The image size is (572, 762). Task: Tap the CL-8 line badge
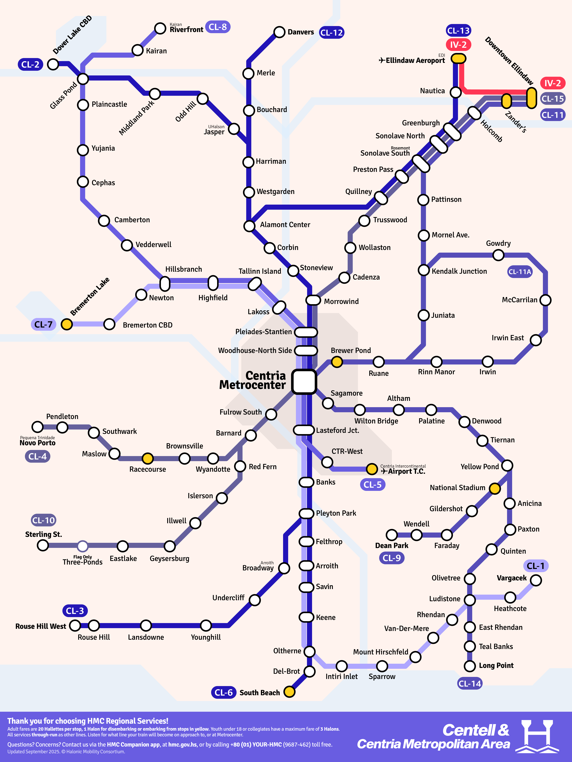218,27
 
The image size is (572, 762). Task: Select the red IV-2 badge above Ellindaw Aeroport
458,45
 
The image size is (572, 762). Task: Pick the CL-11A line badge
520,272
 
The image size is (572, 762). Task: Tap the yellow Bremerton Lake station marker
67,324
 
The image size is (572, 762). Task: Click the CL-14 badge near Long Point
470,684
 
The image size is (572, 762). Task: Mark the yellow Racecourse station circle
148,458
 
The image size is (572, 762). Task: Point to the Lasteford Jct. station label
338,430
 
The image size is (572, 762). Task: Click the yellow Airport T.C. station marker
372,469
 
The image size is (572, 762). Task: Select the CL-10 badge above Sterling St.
43,520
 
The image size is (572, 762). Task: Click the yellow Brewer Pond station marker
337,362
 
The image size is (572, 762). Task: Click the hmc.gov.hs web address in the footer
182,744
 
